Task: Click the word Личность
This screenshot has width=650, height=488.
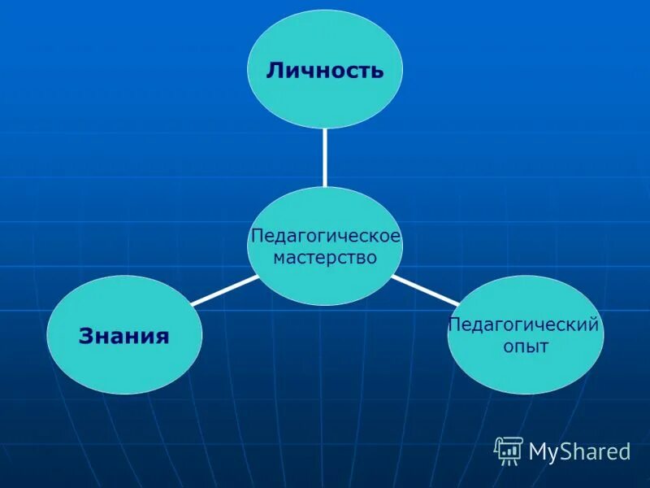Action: (x=324, y=70)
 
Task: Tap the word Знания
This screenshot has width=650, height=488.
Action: (x=123, y=335)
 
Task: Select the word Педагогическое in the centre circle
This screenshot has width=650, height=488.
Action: (x=325, y=236)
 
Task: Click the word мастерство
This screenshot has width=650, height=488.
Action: (x=325, y=258)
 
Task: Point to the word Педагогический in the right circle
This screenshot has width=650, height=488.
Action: (x=524, y=325)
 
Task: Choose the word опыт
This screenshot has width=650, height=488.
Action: (x=526, y=347)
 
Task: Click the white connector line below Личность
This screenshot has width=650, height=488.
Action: (x=324, y=156)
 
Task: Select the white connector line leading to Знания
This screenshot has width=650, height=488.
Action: (x=224, y=290)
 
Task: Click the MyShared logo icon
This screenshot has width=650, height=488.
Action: (x=509, y=450)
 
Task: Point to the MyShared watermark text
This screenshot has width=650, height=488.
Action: (x=578, y=451)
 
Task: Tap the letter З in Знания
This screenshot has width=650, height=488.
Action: (x=84, y=335)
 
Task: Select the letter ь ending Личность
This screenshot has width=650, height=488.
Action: (x=376, y=70)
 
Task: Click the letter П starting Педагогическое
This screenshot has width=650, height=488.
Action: (x=256, y=236)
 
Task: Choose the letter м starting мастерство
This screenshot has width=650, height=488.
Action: (x=279, y=259)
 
